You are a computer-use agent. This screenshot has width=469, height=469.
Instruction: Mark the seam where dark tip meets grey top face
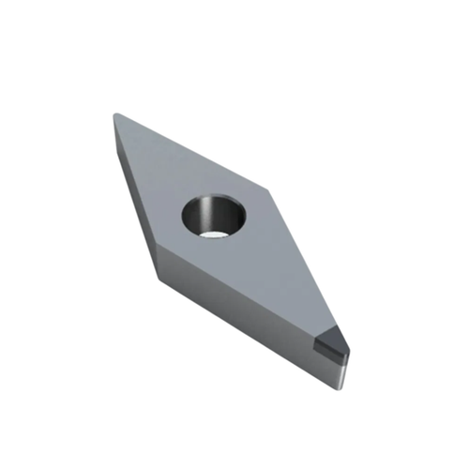[316, 329]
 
